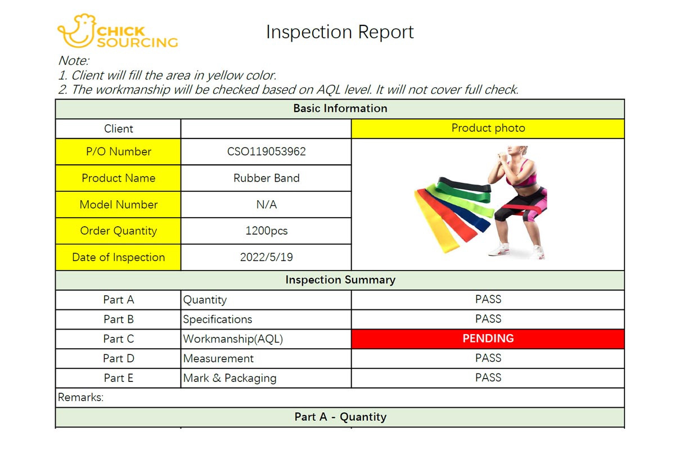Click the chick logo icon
pos(78,31)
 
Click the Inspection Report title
pos(340,32)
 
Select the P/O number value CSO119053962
pos(267,151)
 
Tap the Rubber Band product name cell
pos(267,178)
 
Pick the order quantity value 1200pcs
pos(267,231)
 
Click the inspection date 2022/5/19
pos(267,257)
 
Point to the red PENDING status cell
pos(488,339)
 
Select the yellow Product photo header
pos(488,129)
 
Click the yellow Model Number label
pos(118,204)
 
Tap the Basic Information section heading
pos(340,109)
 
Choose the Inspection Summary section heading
pos(340,280)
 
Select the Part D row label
pos(119,358)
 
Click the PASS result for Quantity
pos(488,299)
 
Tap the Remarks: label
pos(80,397)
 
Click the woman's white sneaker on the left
pos(499,249)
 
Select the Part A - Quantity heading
pos(340,417)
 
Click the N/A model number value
pos(267,205)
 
